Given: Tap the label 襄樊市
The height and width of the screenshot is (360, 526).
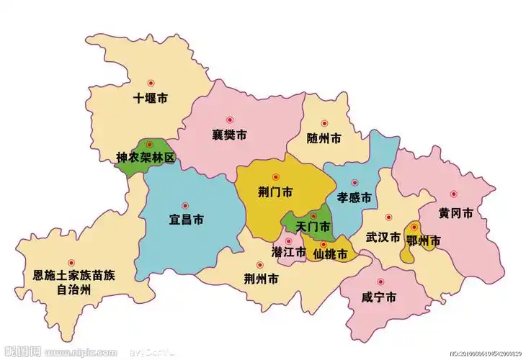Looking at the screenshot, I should point(230,135).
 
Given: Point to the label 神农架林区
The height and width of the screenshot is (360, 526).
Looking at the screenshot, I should point(146,158).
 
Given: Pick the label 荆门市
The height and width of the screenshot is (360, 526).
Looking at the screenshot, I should point(275,192).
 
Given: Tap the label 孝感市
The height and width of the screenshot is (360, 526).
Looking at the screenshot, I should point(354,197).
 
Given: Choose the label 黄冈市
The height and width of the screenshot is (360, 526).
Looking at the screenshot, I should point(455,214).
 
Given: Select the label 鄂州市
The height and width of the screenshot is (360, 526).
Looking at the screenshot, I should point(423,241).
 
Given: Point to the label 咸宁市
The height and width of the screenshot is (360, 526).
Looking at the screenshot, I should point(379,297).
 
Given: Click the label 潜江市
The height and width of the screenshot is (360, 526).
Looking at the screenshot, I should point(288,253).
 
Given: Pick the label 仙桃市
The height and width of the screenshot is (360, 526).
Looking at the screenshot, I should point(330,254).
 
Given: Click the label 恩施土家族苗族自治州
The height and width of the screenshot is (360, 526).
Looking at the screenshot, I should point(74,283).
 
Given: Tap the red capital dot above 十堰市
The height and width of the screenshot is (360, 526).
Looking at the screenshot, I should point(151,83).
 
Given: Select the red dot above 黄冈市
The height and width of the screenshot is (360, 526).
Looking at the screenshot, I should point(454,194).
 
